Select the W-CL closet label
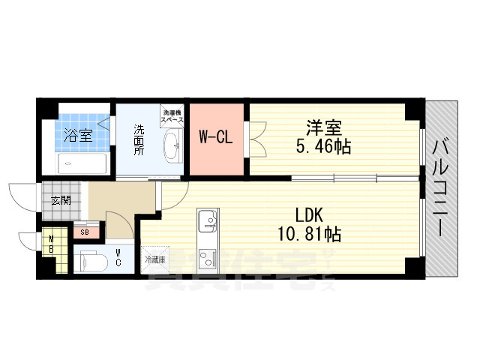point(214,137)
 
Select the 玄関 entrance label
point(61,200)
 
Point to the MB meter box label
point(50,245)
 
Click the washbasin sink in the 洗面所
point(171,145)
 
